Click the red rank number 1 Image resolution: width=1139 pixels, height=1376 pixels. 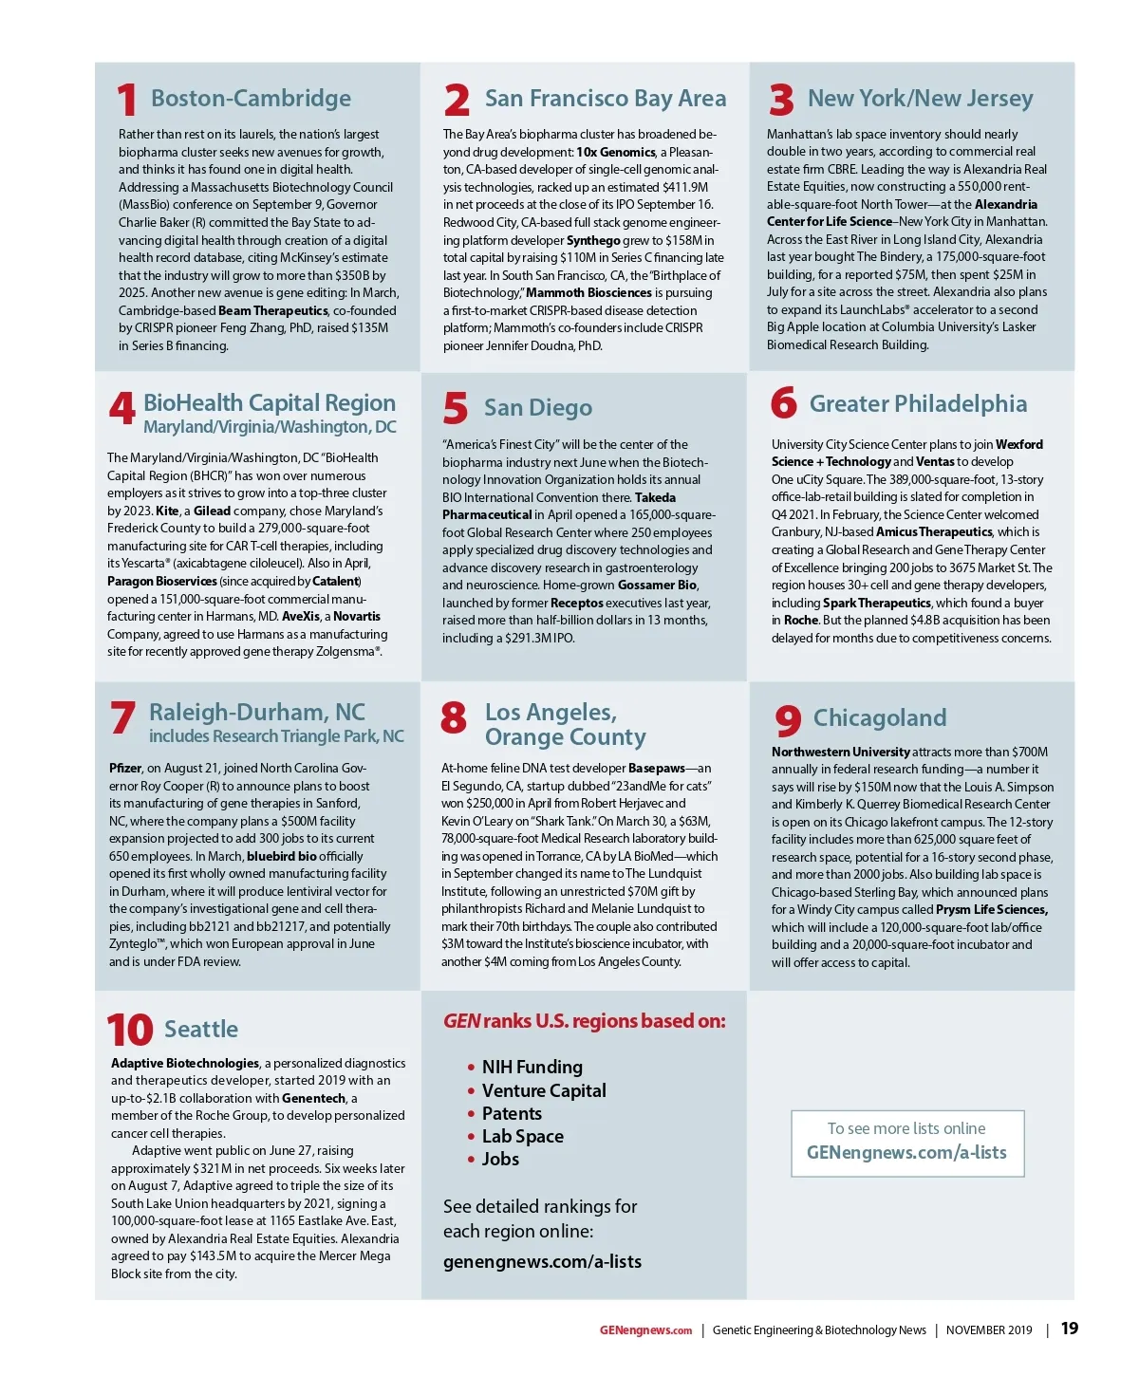[127, 101]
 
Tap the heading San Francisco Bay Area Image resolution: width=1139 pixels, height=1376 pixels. [605, 99]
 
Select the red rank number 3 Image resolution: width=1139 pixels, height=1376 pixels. [781, 100]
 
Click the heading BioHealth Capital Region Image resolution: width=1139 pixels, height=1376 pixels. [270, 403]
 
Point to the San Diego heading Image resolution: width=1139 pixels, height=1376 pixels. [537, 408]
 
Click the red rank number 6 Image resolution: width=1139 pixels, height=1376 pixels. [784, 403]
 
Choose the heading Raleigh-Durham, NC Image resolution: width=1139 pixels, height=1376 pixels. [256, 713]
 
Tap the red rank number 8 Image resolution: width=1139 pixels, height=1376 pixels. [454, 717]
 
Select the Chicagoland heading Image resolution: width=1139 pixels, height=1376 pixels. [880, 718]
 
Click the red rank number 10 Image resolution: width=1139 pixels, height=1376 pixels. [130, 1031]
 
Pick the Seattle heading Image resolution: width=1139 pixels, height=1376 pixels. [201, 1030]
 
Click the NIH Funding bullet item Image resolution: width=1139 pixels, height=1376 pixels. [532, 1068]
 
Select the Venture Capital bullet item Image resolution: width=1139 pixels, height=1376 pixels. [544, 1091]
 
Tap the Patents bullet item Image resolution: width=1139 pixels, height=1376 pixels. [512, 1114]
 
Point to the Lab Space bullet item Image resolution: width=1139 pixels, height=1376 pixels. [522, 1137]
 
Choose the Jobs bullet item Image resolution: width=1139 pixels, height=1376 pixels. [500, 1160]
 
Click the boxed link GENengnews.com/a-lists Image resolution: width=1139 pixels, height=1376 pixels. [906, 1153]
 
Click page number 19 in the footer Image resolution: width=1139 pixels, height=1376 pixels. [1070, 1329]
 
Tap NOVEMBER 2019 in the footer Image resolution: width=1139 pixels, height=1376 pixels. [988, 1330]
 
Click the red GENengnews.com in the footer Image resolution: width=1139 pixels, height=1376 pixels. [645, 1330]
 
